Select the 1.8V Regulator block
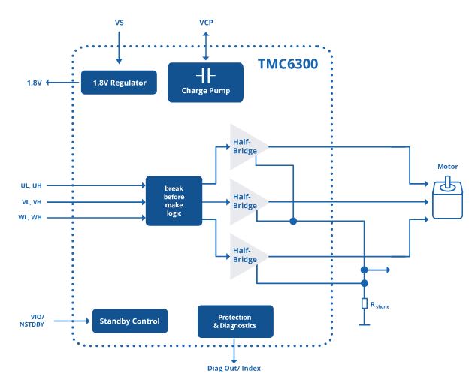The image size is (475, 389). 120,82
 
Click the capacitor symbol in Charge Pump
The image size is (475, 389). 205,75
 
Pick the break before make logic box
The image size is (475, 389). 174,201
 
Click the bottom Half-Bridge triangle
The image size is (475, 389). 245,255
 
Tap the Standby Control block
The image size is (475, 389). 130,321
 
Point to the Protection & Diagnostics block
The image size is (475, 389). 235,321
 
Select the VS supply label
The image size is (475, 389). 119,23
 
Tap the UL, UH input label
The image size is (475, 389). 32,185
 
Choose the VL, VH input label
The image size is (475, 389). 32,201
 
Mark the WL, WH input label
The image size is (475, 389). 32,218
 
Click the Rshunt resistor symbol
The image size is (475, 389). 364,303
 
